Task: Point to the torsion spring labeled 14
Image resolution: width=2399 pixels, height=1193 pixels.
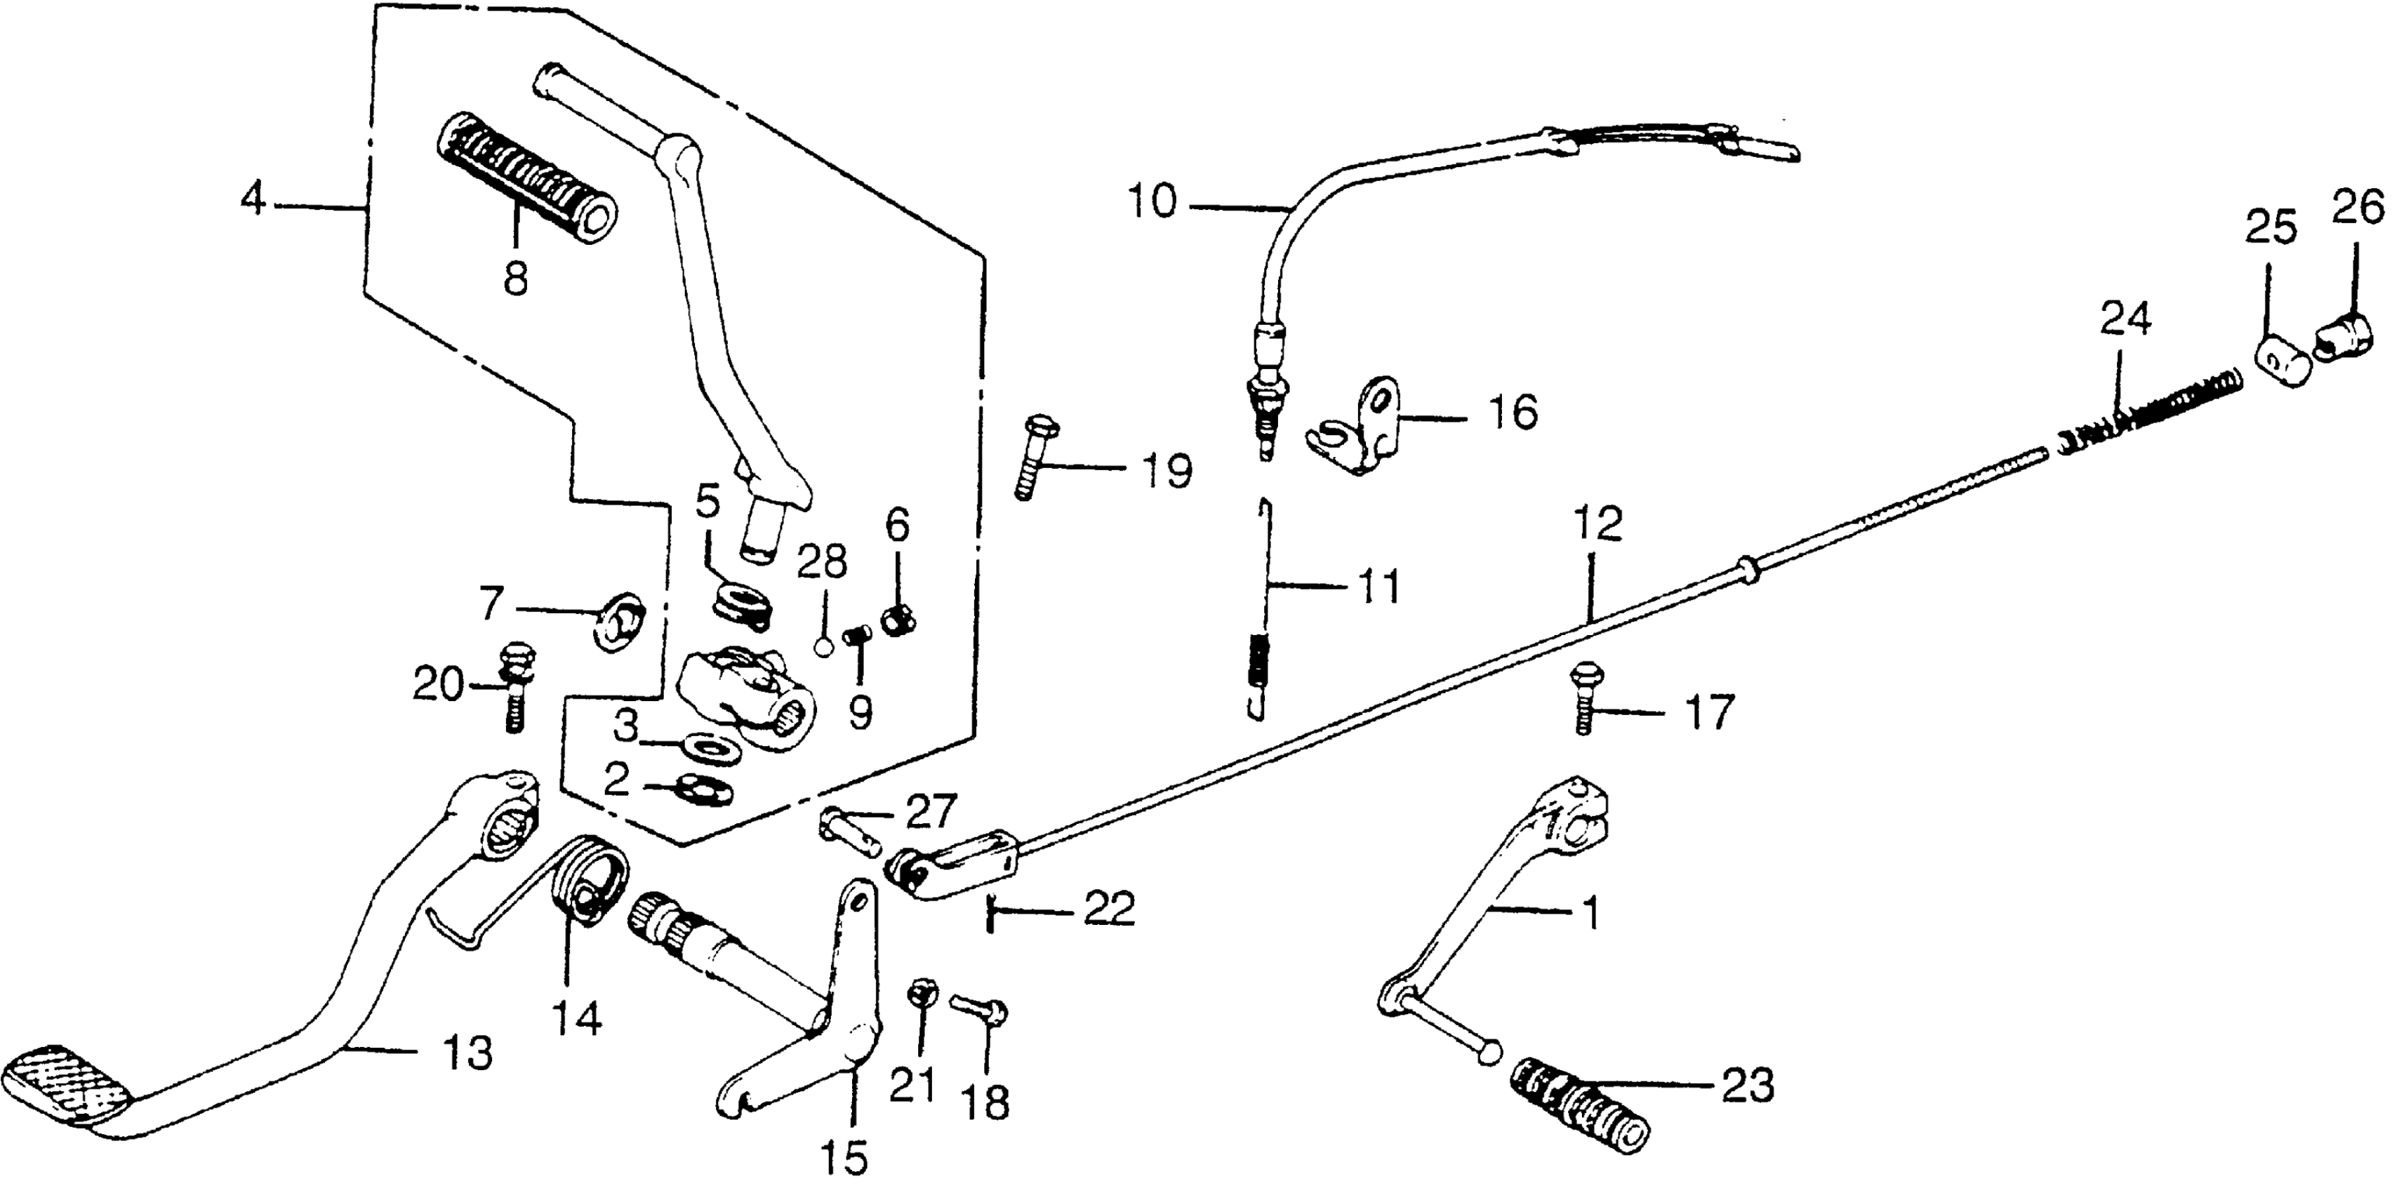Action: (x=590, y=891)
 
